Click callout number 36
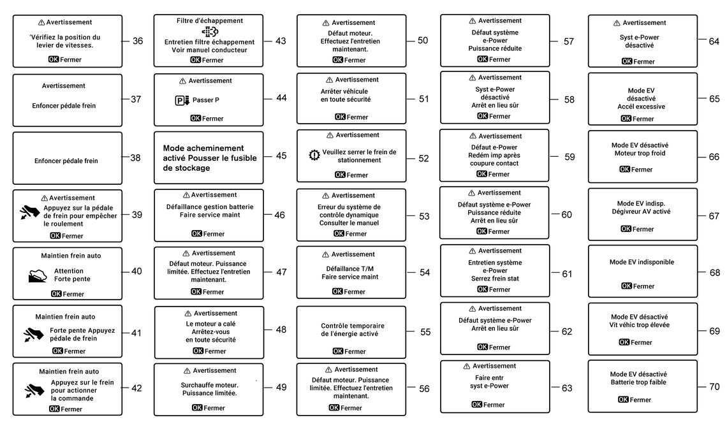[x=138, y=41]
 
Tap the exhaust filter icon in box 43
[x=209, y=32]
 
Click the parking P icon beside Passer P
[x=182, y=101]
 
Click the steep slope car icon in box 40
[x=38, y=275]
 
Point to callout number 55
[x=425, y=331]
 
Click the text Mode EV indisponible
[x=642, y=262]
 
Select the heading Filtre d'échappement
[x=210, y=21]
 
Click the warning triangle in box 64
[x=617, y=23]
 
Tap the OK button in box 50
[x=337, y=60]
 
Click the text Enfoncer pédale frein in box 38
[x=66, y=161]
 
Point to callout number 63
[x=567, y=388]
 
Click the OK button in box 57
[x=482, y=59]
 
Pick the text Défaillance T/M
[x=350, y=268]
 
